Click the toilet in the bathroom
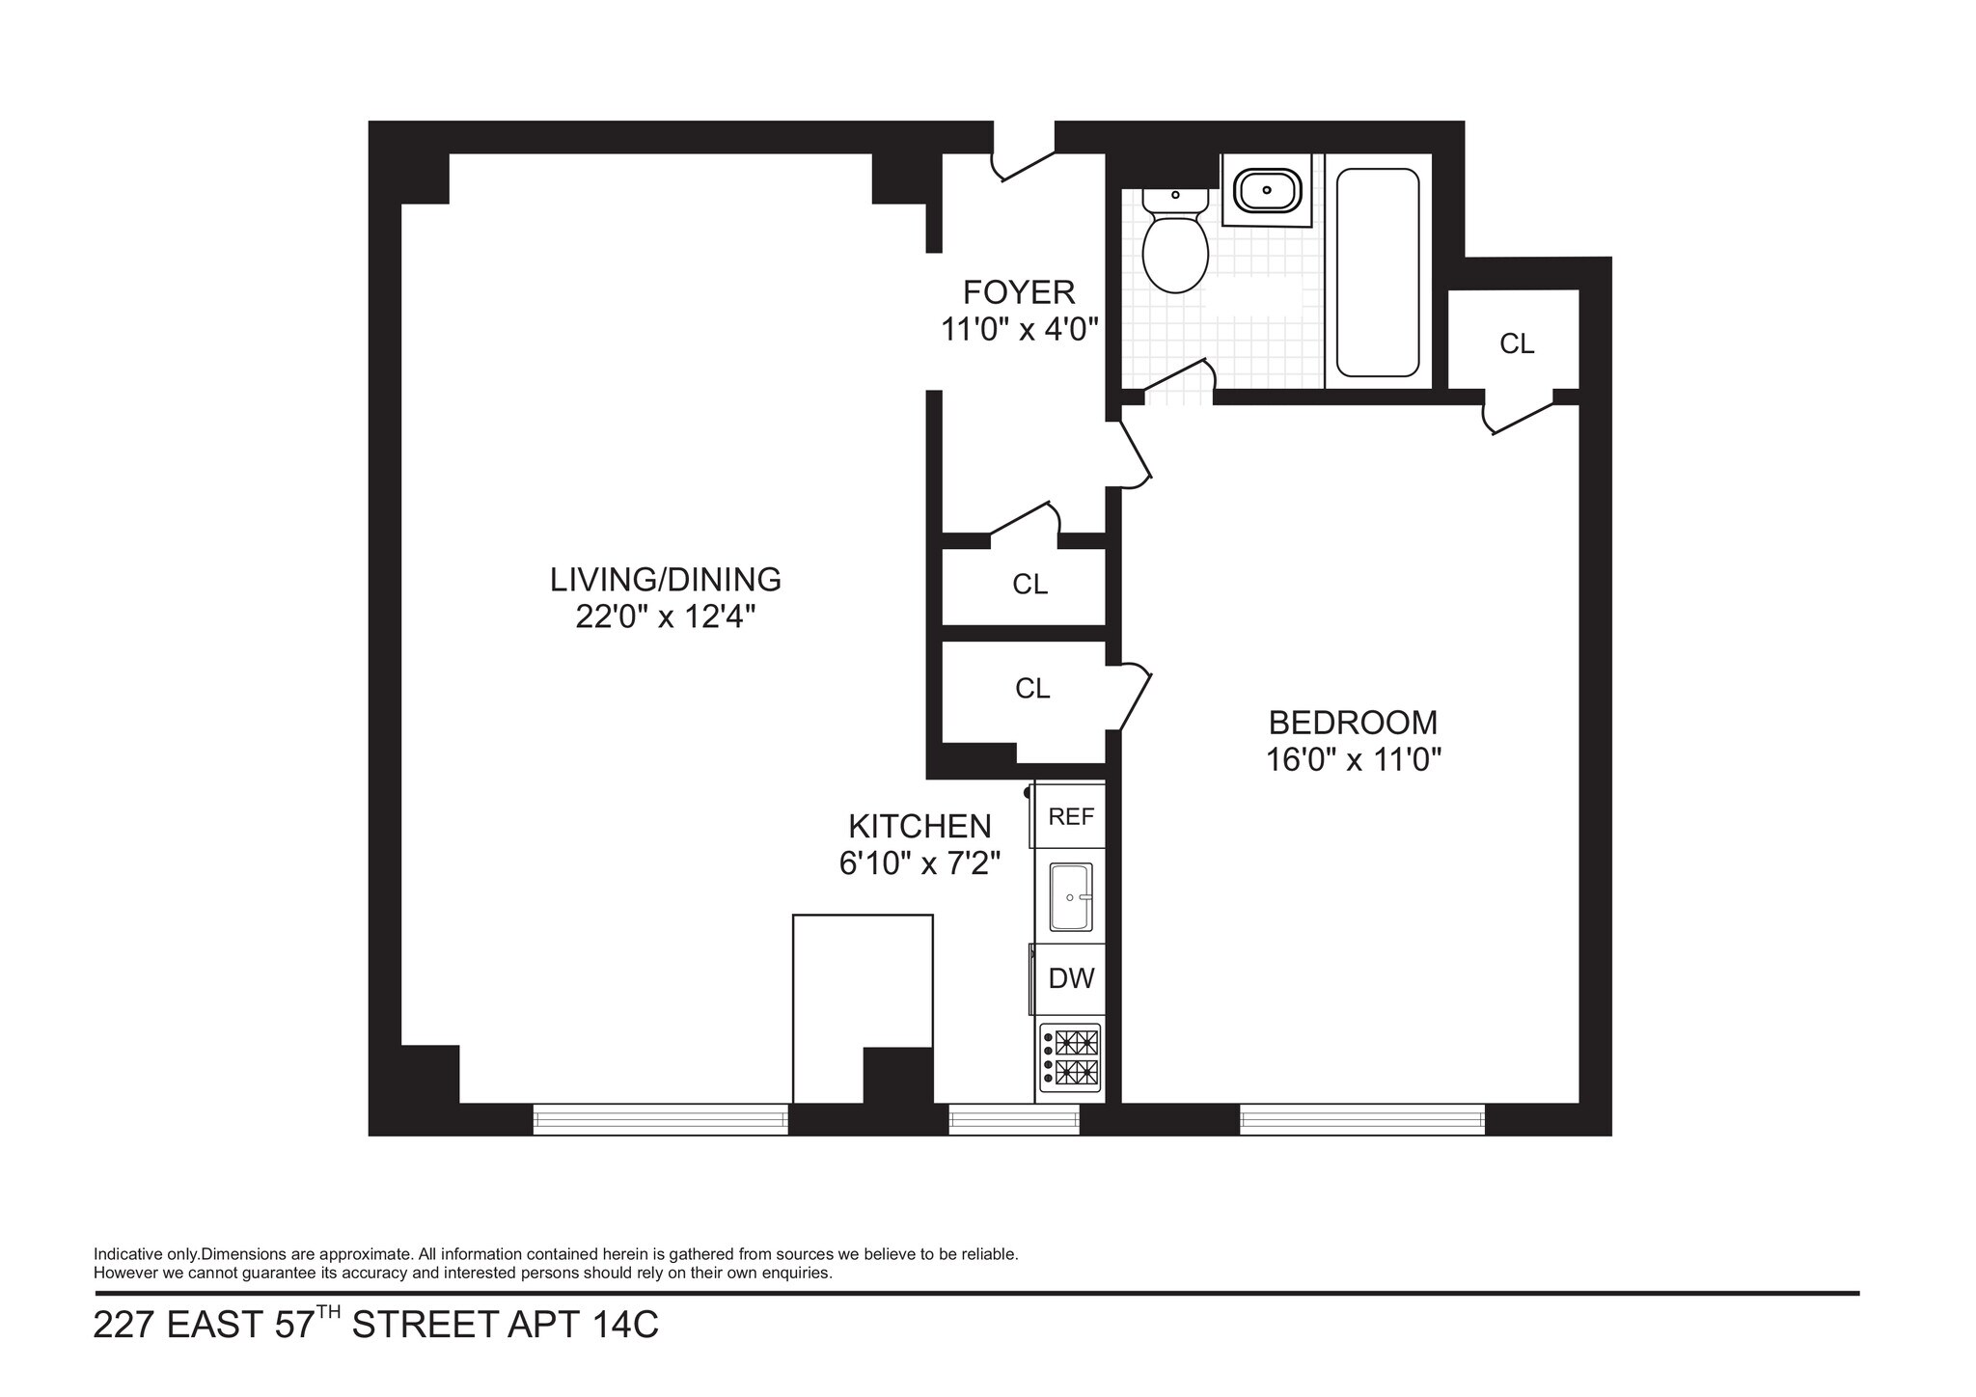pos(1174,247)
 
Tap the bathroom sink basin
pos(1267,190)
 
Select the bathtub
pos(1377,273)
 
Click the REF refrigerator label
pos(1071,817)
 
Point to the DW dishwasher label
pos(1071,978)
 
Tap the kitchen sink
pos(1070,897)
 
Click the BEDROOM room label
pos(1353,722)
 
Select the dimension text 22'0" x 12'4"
pos(665,617)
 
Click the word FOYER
pos(1019,291)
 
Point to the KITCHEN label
pos(919,827)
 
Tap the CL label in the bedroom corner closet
pos(1517,343)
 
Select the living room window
pos(661,1119)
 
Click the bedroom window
pos(1361,1119)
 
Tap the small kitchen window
pos(1013,1119)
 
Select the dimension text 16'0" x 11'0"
pos(1353,760)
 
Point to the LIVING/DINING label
pos(665,579)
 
